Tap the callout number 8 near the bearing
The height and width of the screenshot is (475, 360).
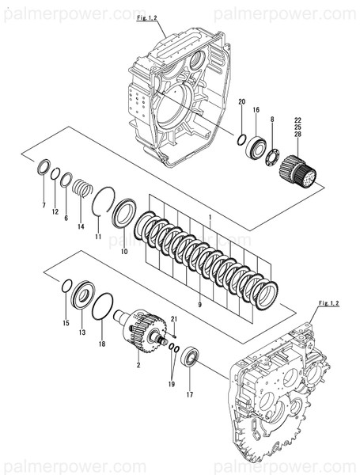pos(272,120)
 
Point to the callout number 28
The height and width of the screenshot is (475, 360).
pos(297,135)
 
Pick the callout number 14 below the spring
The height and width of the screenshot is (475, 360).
pos(81,226)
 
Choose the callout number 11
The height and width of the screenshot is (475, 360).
pos(97,237)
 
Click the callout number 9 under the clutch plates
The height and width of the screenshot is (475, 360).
pos(199,304)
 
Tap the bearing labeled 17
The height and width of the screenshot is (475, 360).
pos(190,357)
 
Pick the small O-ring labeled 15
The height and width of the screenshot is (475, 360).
pos(66,286)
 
